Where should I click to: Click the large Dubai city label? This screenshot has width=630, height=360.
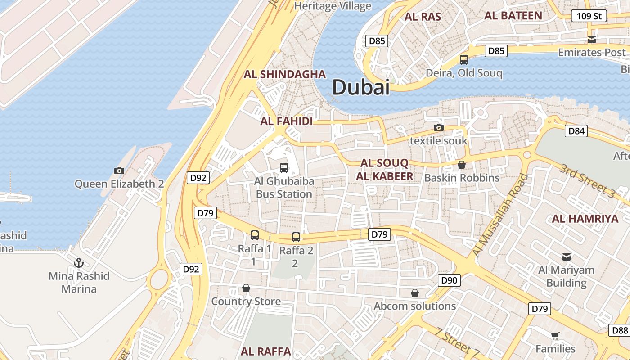(360, 87)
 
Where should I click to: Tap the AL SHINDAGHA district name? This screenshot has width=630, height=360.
(284, 74)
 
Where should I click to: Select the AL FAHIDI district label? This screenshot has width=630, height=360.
(286, 121)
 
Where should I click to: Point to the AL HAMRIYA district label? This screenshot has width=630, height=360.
(585, 219)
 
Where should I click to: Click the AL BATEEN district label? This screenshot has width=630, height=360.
(513, 15)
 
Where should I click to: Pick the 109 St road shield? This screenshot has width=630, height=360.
(589, 16)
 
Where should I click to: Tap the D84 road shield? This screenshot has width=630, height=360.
(576, 131)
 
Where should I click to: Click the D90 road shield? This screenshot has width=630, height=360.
(449, 280)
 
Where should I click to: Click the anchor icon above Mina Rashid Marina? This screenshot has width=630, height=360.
(79, 262)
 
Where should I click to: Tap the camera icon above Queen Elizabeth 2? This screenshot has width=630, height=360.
(119, 171)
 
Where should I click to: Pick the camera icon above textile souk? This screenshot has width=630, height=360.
(439, 128)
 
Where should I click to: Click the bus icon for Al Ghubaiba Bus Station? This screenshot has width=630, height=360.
(284, 168)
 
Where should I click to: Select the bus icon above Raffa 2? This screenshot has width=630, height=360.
(296, 237)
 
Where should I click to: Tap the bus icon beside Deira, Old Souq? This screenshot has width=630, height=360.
(464, 59)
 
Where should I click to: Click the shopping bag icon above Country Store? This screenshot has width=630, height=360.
(246, 288)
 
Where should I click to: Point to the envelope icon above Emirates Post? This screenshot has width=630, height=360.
(592, 40)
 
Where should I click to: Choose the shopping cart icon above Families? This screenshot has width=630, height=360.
(555, 336)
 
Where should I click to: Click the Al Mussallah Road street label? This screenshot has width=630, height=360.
(499, 216)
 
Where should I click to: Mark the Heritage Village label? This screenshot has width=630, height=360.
(333, 6)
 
